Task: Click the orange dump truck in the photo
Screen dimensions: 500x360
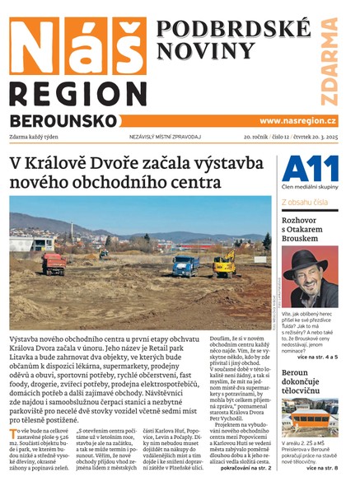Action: point(53,264)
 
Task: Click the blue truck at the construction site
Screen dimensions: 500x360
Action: point(186,265)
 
